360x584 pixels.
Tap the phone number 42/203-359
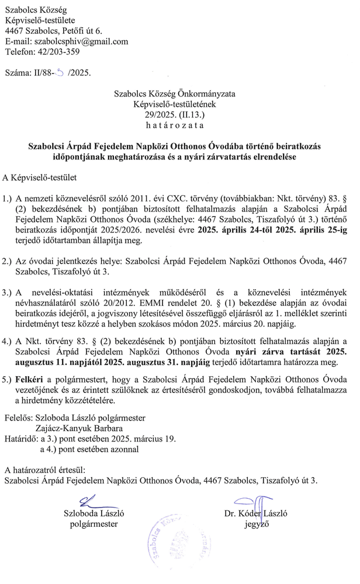tap(60, 51)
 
